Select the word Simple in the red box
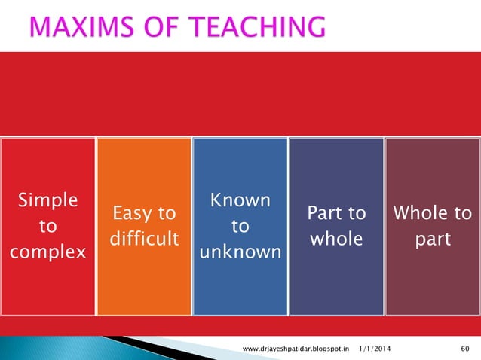47,200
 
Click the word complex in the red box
47,252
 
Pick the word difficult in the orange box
144,239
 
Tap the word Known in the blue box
240,200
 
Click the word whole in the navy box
336,239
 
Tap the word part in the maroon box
433,239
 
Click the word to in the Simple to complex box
47,226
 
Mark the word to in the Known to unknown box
240,226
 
